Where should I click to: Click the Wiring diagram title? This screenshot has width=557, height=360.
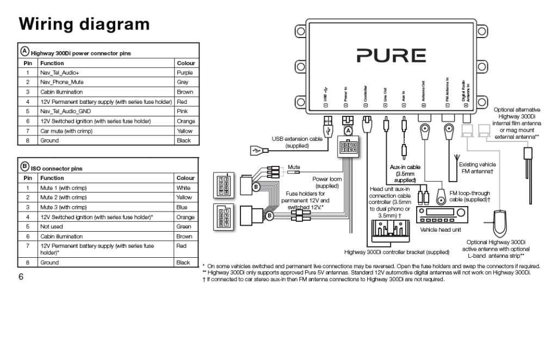click(x=84, y=24)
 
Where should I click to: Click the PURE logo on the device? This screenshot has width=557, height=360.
click(x=391, y=55)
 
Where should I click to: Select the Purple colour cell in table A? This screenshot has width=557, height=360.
click(x=185, y=72)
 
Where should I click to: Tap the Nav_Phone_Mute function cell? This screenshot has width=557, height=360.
click(x=61, y=82)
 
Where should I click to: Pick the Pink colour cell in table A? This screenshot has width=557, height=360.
click(x=182, y=111)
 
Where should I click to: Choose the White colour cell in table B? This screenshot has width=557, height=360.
click(x=183, y=187)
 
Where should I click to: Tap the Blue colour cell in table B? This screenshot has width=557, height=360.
click(x=182, y=207)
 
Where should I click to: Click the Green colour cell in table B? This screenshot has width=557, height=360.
click(x=183, y=226)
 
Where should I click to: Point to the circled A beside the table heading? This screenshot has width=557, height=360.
click(x=24, y=52)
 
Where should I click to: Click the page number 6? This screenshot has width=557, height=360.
click(x=21, y=276)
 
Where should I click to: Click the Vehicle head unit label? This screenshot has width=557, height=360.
click(x=440, y=229)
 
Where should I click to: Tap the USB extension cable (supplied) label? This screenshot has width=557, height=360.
click(x=297, y=142)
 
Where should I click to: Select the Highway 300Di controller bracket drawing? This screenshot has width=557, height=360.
click(x=387, y=234)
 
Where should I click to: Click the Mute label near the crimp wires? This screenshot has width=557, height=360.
click(x=294, y=167)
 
